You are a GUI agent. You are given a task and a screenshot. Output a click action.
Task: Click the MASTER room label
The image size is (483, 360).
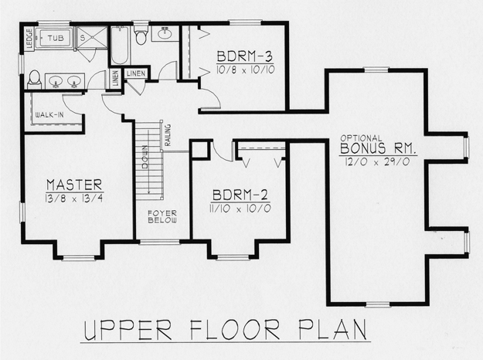(x=74, y=185)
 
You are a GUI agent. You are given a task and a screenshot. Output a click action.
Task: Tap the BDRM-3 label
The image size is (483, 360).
(x=245, y=56)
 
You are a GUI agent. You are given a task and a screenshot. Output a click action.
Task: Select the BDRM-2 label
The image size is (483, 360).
(x=240, y=195)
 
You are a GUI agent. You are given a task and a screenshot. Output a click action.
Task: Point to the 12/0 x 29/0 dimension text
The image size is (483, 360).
(x=377, y=161)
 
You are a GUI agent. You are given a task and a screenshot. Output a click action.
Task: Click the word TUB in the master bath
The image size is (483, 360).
(x=56, y=38)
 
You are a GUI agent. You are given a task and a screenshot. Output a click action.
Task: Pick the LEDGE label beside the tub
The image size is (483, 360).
(x=29, y=39)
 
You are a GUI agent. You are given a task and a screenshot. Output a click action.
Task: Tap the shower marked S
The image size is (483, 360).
(x=92, y=38)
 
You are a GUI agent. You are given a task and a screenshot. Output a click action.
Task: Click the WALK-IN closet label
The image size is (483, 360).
(x=49, y=115)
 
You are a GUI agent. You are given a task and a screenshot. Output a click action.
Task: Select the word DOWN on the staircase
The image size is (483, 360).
(x=145, y=157)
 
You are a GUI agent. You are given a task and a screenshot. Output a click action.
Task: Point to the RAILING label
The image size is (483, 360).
(x=168, y=135)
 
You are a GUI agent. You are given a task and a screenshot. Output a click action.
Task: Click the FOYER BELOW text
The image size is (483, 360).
(x=162, y=216)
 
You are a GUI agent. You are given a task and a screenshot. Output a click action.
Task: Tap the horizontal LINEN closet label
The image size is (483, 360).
(x=136, y=73)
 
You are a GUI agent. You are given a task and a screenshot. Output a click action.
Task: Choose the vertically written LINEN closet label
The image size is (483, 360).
(x=115, y=78)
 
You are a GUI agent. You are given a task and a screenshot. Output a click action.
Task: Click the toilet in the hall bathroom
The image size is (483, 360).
(x=141, y=33)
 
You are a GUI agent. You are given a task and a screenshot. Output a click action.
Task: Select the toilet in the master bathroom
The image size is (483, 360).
(x=34, y=80)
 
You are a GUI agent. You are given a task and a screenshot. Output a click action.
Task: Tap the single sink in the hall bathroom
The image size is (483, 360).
(x=165, y=32)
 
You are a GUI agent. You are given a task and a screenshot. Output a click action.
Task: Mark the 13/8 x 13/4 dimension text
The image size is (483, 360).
(x=74, y=199)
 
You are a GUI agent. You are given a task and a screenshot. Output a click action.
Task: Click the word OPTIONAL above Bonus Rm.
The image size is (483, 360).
(x=361, y=138)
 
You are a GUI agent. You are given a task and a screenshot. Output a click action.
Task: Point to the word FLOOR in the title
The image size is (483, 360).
(x=235, y=329)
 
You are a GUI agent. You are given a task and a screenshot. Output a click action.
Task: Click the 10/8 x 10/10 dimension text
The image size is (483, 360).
(x=246, y=70)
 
